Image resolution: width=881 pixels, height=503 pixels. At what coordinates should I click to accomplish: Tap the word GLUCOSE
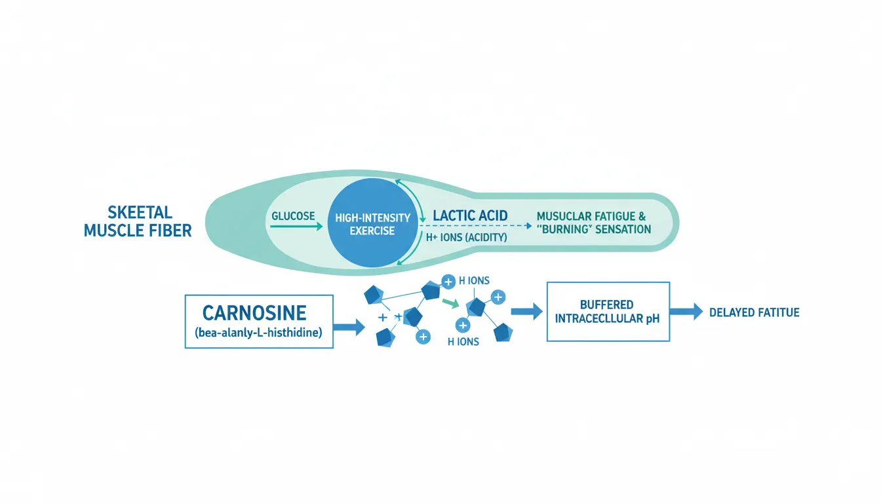[293, 215]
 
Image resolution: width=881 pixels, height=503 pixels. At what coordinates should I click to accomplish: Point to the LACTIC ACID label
[471, 215]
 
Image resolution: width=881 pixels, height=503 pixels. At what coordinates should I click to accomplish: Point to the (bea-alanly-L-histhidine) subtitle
[259, 333]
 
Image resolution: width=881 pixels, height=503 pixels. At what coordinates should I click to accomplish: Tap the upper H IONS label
[474, 281]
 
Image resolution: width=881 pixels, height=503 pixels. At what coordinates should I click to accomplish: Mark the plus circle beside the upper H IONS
[448, 282]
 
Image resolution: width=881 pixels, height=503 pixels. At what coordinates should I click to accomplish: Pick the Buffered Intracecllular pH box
[608, 312]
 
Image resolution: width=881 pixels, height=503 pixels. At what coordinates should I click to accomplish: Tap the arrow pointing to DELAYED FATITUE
[686, 312]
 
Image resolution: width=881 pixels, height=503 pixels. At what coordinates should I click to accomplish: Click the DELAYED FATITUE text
[754, 312]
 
